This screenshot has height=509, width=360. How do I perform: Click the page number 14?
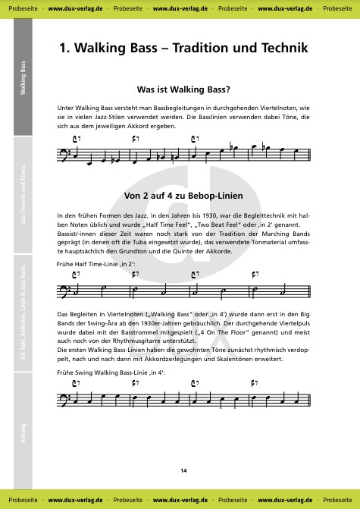[x=183, y=471]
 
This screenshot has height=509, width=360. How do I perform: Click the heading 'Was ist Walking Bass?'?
[x=183, y=88]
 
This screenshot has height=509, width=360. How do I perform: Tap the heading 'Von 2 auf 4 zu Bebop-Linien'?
[x=183, y=196]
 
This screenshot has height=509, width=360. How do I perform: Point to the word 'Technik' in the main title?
[x=283, y=48]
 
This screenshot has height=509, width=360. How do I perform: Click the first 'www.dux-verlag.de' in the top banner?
[x=75, y=7]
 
